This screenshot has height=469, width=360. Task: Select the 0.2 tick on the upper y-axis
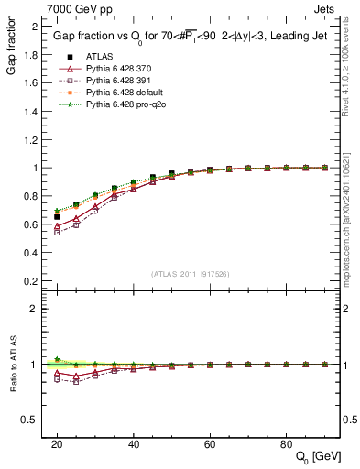tap(30, 281)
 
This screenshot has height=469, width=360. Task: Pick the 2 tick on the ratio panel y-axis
tap(34, 309)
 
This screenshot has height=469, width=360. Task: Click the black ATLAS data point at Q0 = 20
tap(57, 217)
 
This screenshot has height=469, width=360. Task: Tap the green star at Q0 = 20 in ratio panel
tap(57, 359)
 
